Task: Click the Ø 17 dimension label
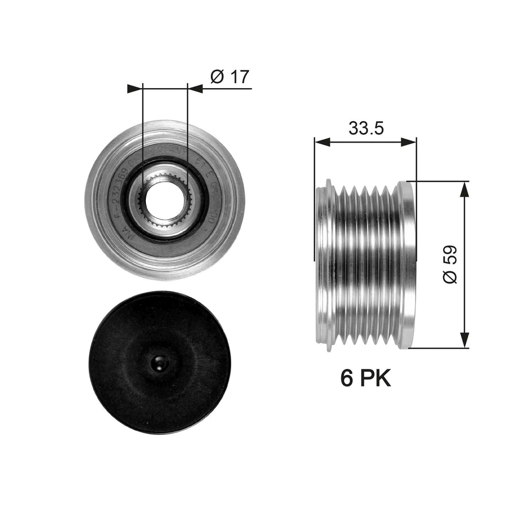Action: tap(230, 77)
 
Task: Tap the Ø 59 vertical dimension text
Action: tap(449, 265)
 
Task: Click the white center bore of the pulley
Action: tap(165, 199)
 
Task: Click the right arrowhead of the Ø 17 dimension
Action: tap(195, 88)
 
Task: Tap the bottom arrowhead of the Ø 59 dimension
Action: tap(465, 340)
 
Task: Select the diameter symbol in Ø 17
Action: tap(216, 77)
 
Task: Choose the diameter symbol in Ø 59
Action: tap(449, 277)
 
